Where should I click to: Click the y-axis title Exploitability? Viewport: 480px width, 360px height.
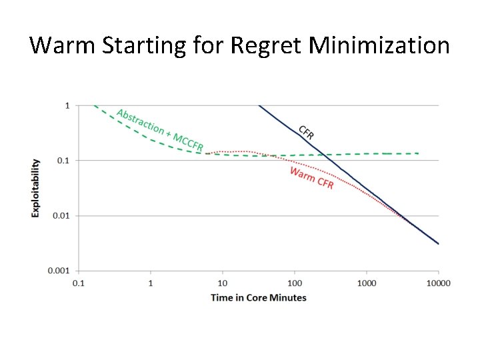point(35,187)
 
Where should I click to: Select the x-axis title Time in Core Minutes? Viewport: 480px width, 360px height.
point(259,297)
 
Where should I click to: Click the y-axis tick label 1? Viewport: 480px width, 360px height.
point(67,105)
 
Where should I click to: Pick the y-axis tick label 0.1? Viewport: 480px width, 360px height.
point(63,160)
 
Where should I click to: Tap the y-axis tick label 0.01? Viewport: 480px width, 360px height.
point(61,215)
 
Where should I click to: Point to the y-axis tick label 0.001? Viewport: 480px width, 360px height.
point(59,271)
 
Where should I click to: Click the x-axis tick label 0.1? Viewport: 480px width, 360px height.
point(79,283)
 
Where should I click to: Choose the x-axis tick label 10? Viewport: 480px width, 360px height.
point(223,283)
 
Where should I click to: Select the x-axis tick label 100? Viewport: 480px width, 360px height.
point(295,283)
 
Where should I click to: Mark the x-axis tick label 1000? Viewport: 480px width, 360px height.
point(367,283)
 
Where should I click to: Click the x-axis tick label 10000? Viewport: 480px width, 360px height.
point(438,283)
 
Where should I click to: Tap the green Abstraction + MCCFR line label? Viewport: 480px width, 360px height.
point(160,129)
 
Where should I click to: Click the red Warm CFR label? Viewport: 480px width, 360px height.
point(311,177)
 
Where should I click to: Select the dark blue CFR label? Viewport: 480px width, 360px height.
point(306,132)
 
